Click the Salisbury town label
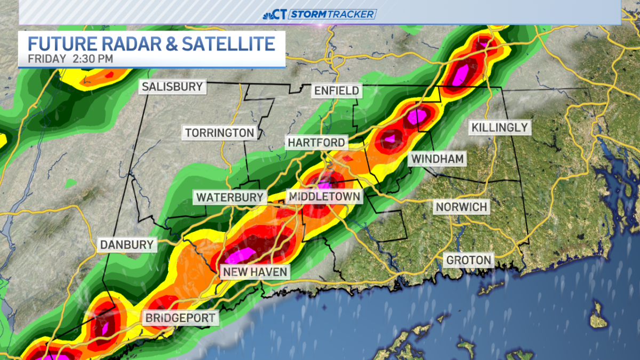point(172,86)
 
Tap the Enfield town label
point(337,90)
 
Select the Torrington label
point(219,132)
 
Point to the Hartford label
point(316,142)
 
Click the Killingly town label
point(499,127)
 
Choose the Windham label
point(437,158)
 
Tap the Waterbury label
point(230,197)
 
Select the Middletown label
point(324,197)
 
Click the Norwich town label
point(461,206)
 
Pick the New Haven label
point(255,272)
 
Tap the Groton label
point(468,260)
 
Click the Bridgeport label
point(180,318)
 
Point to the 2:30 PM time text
point(92,59)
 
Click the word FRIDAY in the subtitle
point(47,59)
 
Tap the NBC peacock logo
point(270,14)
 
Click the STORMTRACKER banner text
point(332,14)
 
